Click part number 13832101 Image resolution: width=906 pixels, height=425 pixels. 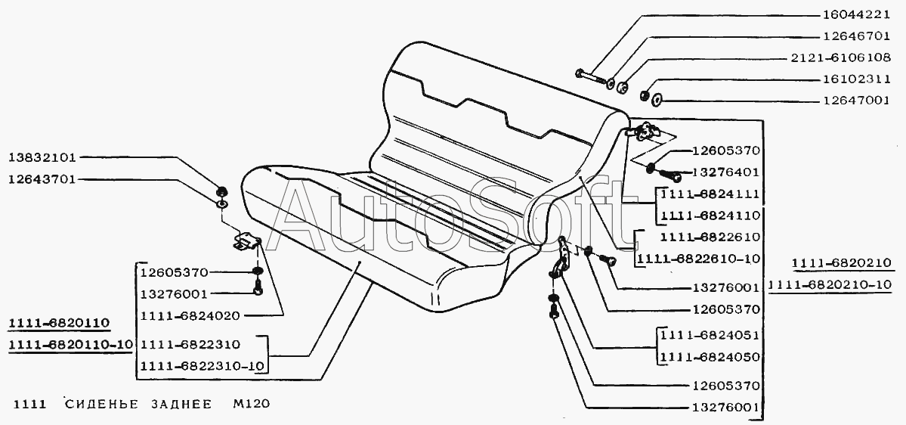pos(43,157)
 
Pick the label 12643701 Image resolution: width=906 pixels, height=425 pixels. pos(43,179)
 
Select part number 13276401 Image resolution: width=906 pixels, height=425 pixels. pos(725,172)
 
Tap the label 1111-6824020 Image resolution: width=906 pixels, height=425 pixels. pos(190,315)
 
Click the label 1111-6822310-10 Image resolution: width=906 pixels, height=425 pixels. pos(203,366)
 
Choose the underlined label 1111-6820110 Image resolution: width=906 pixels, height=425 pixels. pos(59,323)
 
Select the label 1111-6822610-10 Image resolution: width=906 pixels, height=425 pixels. pos(698,259)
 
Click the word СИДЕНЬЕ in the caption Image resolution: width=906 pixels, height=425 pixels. pos(102,404)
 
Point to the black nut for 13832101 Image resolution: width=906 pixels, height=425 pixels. pos(220,192)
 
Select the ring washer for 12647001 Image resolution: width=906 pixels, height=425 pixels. pos(657,101)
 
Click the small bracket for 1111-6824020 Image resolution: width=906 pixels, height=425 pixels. pos(246,242)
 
